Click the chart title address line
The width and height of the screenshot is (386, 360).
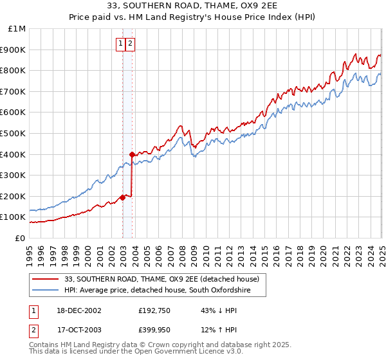pos(193,6)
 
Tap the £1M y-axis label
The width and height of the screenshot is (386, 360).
pos(18,29)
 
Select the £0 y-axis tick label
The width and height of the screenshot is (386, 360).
pos(20,238)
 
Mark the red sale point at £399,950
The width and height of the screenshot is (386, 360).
pos(132,154)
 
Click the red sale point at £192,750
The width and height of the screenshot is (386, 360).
pos(122,197)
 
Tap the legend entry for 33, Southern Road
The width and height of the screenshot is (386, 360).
pos(161,279)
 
